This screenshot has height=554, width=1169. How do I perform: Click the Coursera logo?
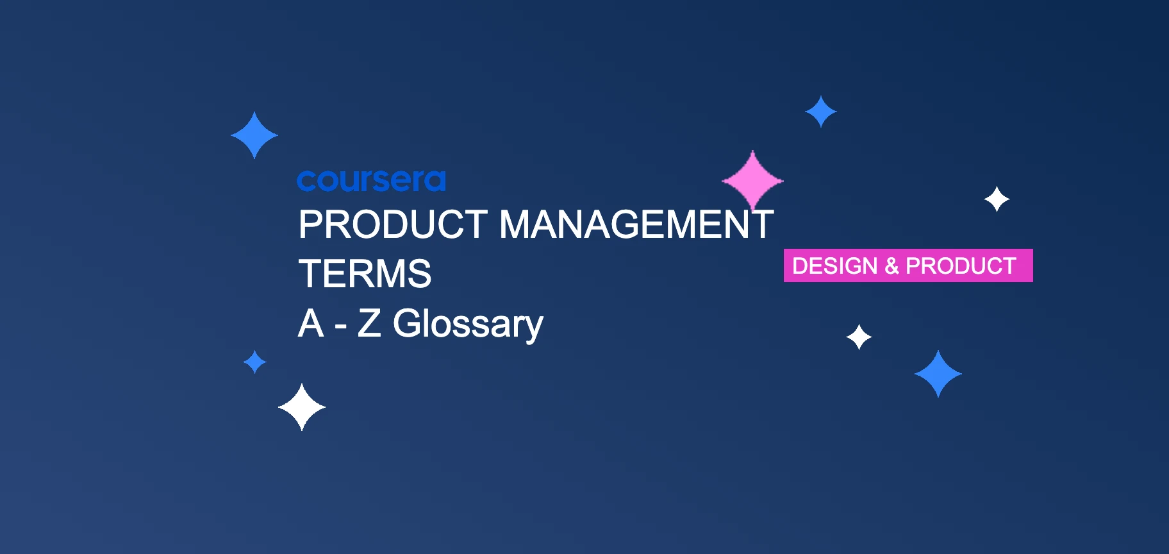(371, 181)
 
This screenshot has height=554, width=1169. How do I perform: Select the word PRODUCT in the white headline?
(393, 224)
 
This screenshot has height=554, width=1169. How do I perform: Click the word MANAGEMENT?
(636, 224)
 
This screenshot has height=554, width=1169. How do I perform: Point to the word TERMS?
(365, 274)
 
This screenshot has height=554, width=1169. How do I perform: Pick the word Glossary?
(468, 324)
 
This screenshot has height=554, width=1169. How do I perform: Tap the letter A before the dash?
(311, 323)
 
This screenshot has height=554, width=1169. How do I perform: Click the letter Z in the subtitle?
(369, 323)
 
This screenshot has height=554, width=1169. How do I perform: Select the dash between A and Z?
(340, 326)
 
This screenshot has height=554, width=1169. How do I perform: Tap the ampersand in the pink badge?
(891, 265)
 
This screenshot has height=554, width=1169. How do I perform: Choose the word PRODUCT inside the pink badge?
(961, 265)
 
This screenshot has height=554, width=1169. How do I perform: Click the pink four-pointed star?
(752, 181)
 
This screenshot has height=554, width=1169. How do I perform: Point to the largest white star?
(302, 407)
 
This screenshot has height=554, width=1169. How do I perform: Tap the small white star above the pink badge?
(997, 199)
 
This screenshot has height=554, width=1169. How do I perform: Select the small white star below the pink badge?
(859, 337)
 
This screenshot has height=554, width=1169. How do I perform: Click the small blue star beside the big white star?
(254, 362)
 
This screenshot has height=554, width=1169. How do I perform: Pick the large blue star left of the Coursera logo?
(254, 135)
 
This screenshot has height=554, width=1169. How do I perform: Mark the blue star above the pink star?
(820, 112)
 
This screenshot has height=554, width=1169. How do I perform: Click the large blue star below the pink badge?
(938, 374)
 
